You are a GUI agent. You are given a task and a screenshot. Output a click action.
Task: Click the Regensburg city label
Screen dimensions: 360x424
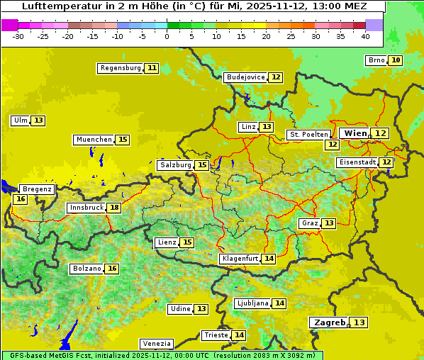click(x=121, y=68)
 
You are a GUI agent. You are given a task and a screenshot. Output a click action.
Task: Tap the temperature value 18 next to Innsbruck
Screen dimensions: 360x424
click(x=114, y=208)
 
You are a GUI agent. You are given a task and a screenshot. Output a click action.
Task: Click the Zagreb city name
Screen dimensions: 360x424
click(x=329, y=322)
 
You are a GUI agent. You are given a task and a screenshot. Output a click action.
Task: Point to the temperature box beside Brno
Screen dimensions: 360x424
click(x=395, y=60)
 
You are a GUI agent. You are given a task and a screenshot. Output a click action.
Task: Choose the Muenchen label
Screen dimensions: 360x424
click(x=94, y=140)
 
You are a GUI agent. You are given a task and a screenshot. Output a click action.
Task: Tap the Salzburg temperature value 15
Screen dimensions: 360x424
click(x=202, y=165)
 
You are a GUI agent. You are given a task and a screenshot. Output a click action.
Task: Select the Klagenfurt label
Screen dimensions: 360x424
click(x=239, y=259)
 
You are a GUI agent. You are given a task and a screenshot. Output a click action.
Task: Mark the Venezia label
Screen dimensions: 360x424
click(x=156, y=344)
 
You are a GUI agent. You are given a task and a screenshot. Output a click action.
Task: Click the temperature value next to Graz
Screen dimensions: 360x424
click(x=328, y=223)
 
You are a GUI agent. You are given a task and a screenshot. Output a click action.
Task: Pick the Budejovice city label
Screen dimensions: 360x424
click(x=245, y=77)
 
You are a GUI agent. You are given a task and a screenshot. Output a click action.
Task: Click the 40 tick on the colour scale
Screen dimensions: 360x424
click(x=365, y=36)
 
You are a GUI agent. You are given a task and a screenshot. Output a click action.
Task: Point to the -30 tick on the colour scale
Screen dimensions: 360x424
click(x=18, y=36)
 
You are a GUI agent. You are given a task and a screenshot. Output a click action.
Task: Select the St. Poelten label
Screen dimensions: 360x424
click(x=308, y=134)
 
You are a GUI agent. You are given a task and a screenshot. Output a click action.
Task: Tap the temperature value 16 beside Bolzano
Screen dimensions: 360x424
click(x=112, y=269)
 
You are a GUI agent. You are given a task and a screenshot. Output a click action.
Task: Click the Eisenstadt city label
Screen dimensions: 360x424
click(x=357, y=162)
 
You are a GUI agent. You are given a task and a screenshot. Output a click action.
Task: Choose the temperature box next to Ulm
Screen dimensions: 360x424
click(x=38, y=120)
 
